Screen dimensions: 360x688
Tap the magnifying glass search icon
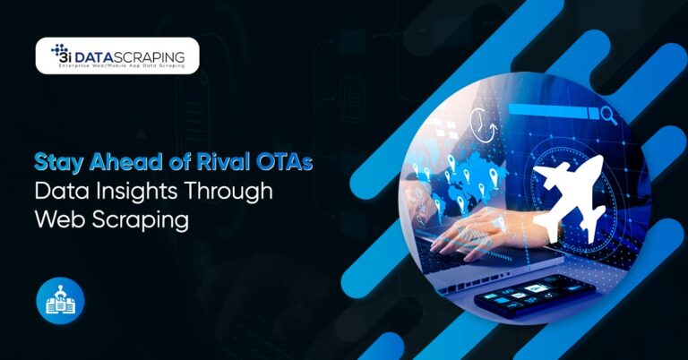tap(610, 115)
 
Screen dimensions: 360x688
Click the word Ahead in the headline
tap(112, 165)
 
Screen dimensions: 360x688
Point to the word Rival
tap(205, 165)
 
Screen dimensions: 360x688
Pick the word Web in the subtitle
tap(56, 219)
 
